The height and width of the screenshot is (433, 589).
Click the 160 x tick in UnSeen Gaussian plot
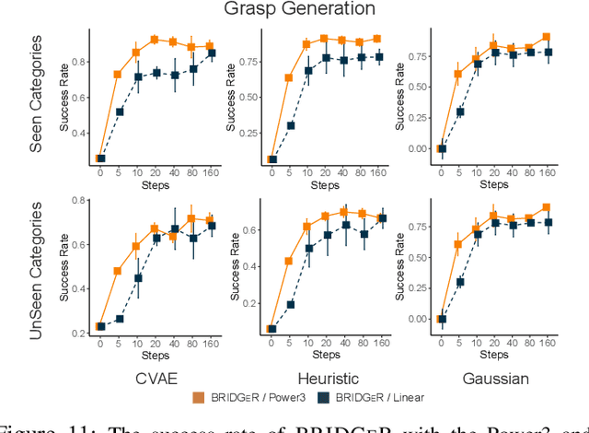547,342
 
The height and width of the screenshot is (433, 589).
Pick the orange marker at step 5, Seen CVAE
118,74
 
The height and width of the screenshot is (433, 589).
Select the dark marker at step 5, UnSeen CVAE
119,319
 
